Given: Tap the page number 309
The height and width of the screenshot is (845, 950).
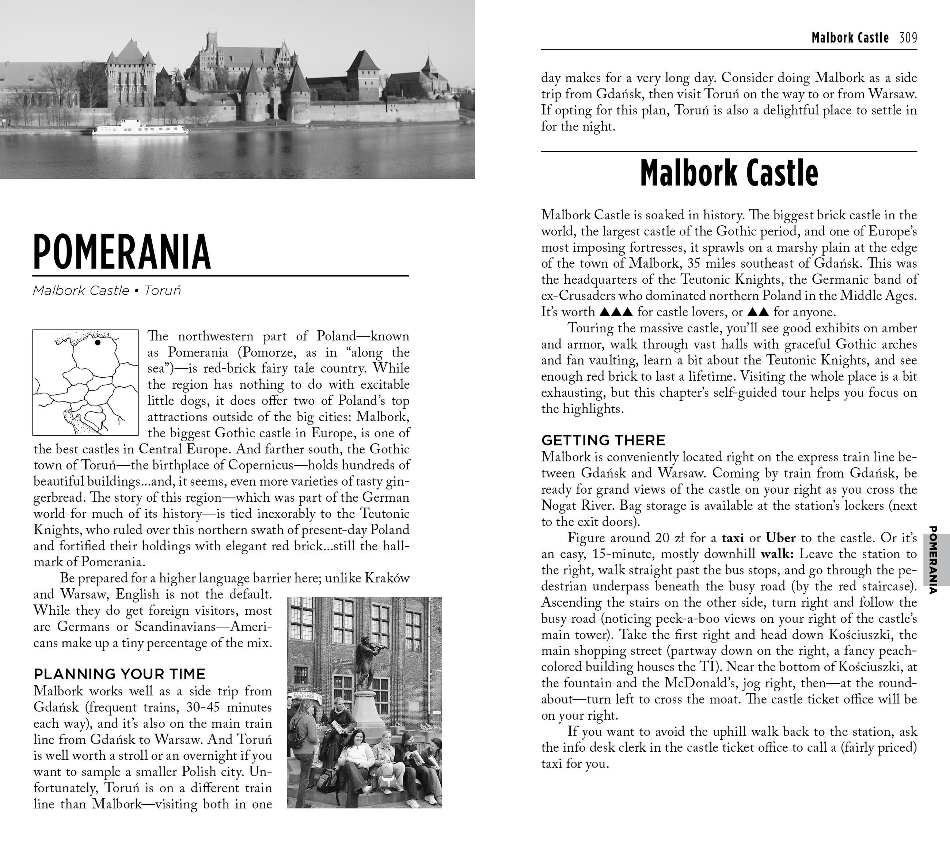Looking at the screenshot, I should point(908,38).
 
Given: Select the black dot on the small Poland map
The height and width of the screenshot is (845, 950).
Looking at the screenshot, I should point(98,342).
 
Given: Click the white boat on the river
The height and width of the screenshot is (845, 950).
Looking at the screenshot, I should point(140,127).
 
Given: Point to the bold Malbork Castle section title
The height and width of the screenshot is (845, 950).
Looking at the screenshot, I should point(729,173).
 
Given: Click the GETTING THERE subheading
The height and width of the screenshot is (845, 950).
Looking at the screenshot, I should point(603,440).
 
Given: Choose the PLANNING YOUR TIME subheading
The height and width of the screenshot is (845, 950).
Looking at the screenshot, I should point(119,674).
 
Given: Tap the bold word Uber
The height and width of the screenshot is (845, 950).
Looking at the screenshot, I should point(781,538).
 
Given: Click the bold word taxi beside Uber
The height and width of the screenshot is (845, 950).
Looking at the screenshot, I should point(733,538).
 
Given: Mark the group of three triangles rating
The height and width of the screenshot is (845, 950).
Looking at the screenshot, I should point(616,312).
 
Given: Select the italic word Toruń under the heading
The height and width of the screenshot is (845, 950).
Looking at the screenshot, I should point(162,291).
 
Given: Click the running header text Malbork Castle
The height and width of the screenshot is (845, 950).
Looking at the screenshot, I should point(850,38).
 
